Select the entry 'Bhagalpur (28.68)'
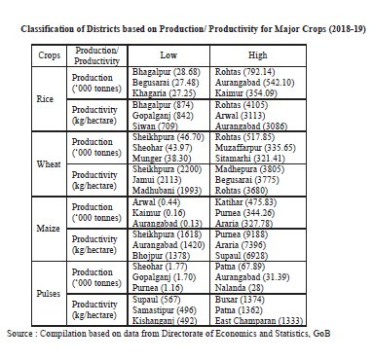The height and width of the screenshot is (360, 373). click(166, 73)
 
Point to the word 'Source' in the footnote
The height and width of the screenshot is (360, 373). click(21, 334)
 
